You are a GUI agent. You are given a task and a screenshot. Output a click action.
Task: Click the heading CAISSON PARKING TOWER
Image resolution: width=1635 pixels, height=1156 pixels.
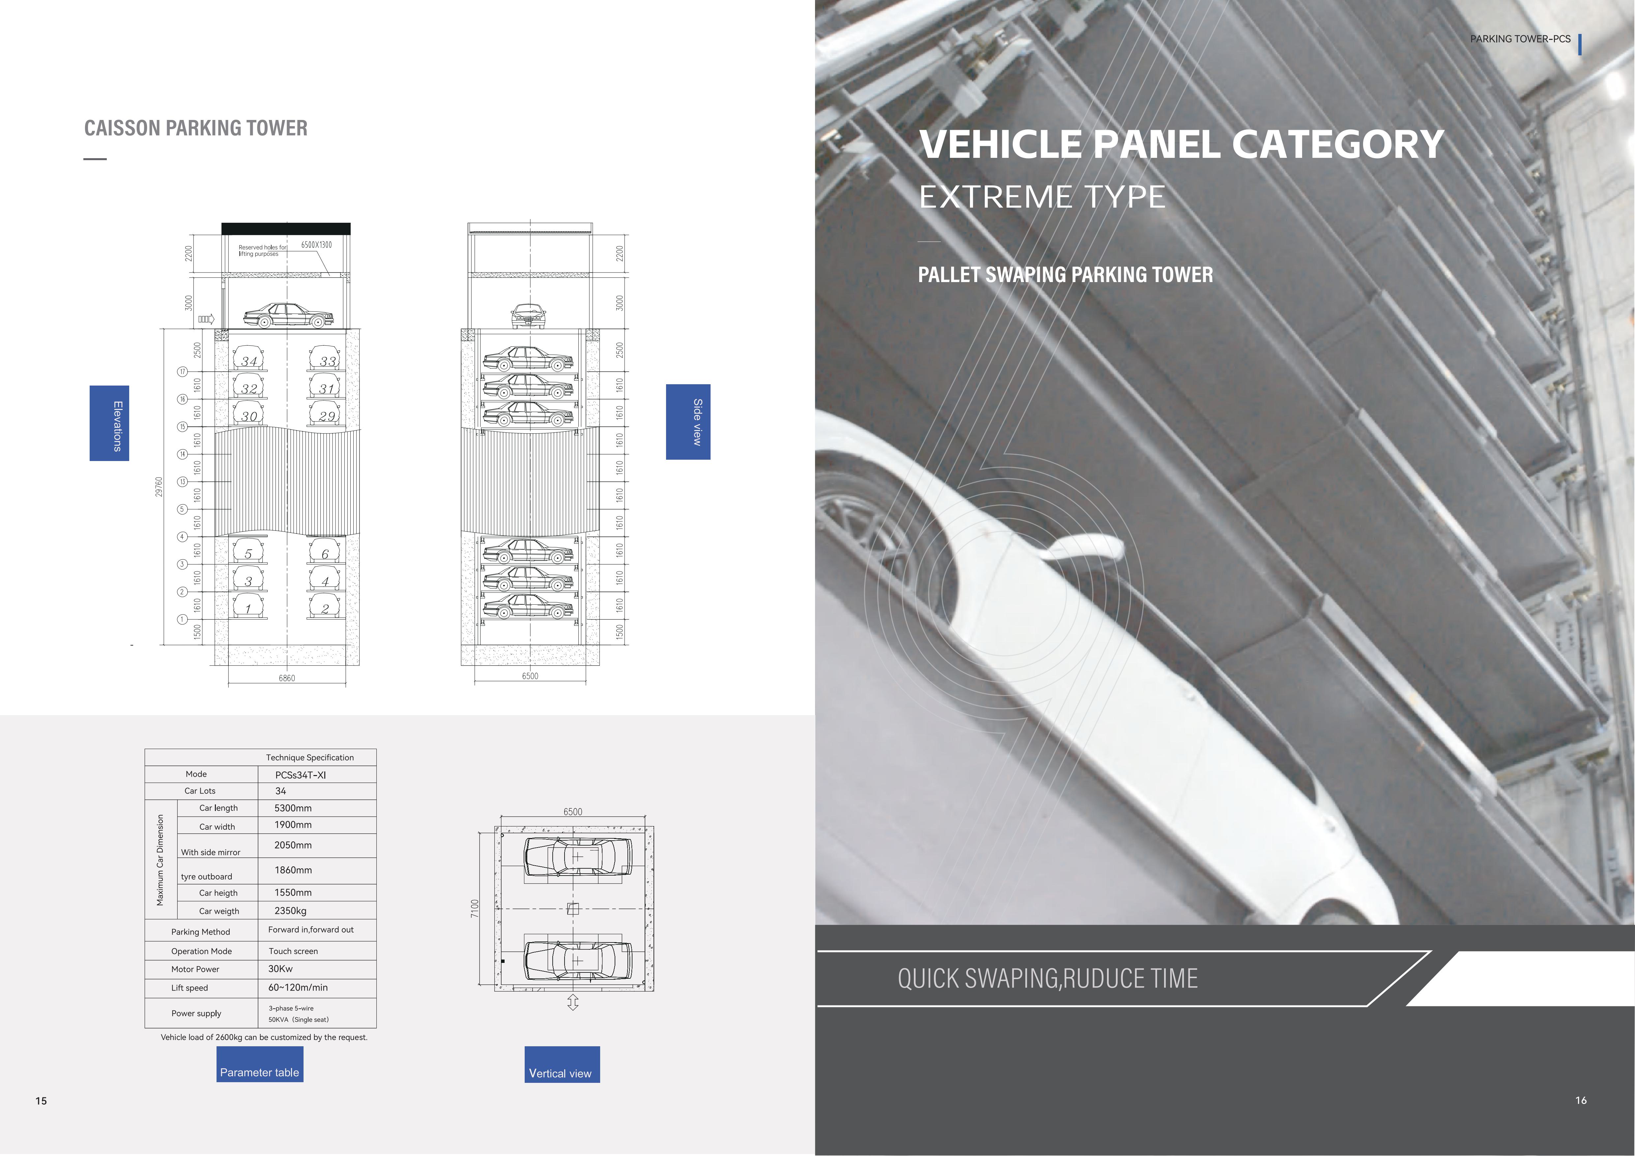coord(196,128)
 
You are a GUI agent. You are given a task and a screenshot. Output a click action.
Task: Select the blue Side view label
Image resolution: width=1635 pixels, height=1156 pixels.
coord(688,422)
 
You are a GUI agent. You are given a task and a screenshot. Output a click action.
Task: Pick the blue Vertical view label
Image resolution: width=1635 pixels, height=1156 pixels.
coord(562,1065)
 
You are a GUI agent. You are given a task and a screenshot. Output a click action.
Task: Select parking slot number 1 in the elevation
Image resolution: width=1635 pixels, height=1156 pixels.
coord(248,609)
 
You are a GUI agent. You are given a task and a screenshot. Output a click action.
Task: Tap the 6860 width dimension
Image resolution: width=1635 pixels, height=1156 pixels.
coord(286,679)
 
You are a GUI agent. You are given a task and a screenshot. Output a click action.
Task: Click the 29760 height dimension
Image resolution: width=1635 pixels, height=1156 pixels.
coord(159,487)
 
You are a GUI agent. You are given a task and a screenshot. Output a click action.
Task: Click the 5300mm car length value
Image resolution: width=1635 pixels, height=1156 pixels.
coord(293,808)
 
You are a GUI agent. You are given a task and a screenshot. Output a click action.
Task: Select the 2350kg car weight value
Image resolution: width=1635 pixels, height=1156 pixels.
coord(291,910)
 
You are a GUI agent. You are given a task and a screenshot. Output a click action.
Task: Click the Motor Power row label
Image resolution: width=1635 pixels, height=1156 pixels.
coord(195,969)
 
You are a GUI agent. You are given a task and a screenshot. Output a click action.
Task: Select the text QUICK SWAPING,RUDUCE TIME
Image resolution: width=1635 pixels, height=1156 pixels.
coord(1047,978)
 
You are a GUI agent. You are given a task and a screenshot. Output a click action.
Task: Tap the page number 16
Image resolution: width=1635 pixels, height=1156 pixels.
coord(1581,1101)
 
